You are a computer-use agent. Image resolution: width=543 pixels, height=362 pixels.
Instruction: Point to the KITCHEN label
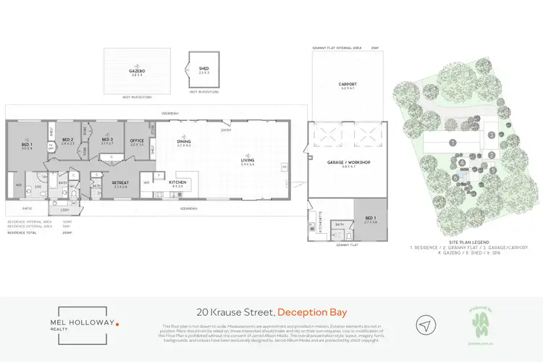[179, 182]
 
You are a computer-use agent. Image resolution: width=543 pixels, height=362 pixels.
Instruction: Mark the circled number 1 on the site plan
[452, 143]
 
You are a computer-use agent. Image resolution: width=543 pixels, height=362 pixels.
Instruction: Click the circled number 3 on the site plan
[491, 135]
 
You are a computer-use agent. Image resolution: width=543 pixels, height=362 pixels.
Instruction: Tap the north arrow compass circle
[427, 323]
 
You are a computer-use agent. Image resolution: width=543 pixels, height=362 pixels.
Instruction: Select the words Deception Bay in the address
[312, 312]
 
